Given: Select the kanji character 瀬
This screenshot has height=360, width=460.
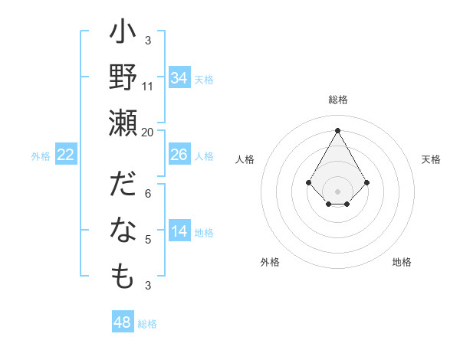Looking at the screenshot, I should pos(123,123).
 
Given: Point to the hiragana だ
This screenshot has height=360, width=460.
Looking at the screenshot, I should pos(123,187).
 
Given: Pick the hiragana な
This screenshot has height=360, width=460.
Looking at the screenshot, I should pos(123,231).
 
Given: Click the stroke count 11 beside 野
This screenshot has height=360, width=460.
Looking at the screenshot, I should pos(148,87).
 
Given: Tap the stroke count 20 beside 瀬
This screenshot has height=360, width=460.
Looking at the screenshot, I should pos(148,132).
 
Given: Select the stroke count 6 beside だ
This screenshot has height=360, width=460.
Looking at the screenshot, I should pos(148,194).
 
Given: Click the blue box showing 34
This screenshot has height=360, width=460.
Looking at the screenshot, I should pos(179,78).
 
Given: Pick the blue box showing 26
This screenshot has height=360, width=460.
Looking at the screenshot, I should pos(179,155).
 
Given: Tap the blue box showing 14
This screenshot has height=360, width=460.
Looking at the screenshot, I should pos(179,232).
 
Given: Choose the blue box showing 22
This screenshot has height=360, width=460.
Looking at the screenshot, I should pos(66,155).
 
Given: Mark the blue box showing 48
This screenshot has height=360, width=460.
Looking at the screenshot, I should pos(123,322).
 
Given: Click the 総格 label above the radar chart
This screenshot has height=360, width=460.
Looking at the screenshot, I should pos(338,100).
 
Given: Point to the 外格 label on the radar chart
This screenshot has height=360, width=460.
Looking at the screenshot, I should pos(270,262).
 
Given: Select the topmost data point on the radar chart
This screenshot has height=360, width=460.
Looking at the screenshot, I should pos(338,129).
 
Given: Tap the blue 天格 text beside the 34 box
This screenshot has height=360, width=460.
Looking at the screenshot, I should pos(203,79).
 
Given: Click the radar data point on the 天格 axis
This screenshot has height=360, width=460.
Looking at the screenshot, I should pos(367,182).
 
